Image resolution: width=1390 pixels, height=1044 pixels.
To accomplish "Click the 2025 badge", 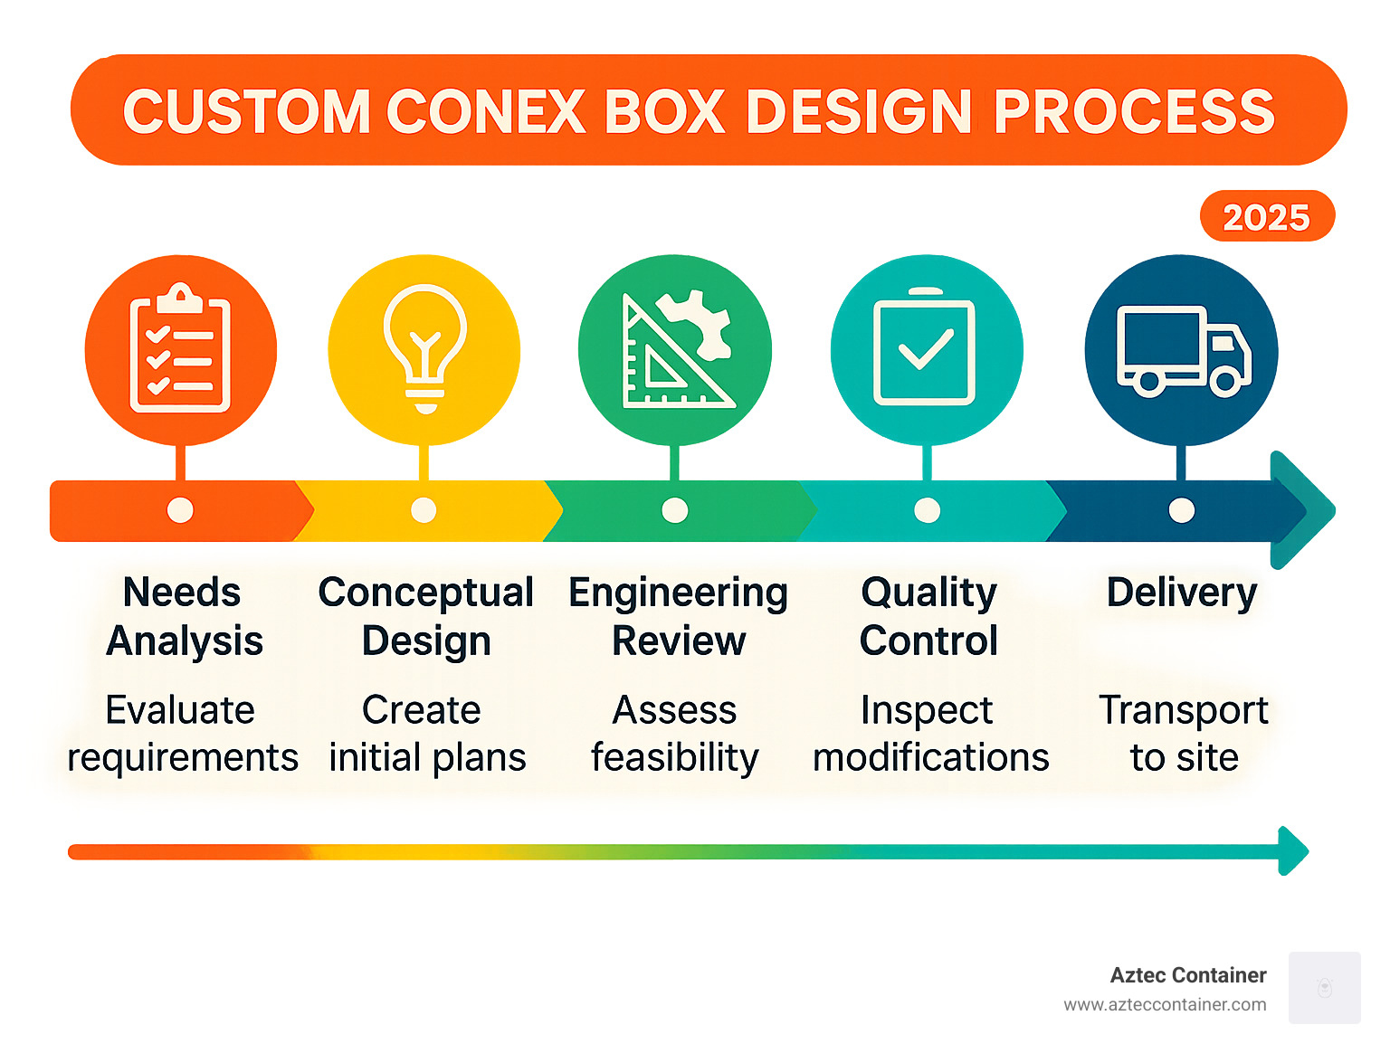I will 1266,217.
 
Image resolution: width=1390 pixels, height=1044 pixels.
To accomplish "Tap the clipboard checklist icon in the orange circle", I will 180,350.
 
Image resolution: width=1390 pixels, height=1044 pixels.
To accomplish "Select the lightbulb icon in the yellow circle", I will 424,347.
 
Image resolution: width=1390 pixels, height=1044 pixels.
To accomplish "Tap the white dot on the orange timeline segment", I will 180,510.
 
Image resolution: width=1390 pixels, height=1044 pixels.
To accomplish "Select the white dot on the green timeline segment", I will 674,510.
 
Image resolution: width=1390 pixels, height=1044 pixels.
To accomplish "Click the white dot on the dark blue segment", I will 1181,510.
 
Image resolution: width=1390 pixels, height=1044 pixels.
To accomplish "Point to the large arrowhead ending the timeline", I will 1306,510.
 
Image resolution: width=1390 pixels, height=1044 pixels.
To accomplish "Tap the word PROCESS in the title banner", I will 1135,112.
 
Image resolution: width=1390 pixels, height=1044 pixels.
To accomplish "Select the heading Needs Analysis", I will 184,616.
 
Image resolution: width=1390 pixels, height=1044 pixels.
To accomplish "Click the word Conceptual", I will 426,593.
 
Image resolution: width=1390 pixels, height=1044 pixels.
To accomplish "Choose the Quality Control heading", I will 928,616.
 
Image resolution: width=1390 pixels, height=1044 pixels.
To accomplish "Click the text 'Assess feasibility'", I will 674,734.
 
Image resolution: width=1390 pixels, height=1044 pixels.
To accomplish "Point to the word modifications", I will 930,758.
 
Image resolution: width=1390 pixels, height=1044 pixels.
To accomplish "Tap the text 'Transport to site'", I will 1183,734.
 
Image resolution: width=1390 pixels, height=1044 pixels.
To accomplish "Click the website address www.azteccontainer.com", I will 1165,1005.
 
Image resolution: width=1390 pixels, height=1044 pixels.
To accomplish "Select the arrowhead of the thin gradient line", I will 1295,850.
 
